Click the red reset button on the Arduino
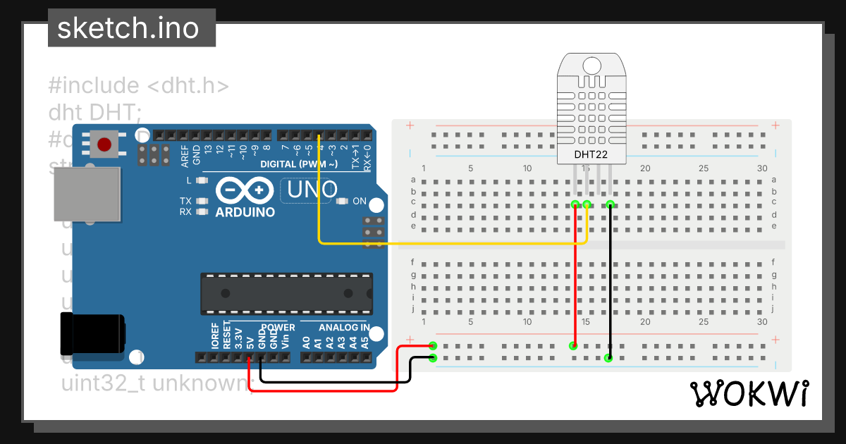(x=104, y=144)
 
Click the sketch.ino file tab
(x=131, y=28)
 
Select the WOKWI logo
(x=749, y=393)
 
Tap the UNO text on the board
(x=310, y=189)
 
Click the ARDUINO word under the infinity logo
(x=245, y=212)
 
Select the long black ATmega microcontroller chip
(x=286, y=293)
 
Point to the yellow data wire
(x=451, y=243)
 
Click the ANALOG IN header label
(x=343, y=328)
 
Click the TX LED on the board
(x=202, y=201)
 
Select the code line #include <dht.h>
(x=139, y=86)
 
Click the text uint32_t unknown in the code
(x=156, y=383)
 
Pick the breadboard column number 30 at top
(x=761, y=168)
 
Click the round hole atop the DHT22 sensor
(x=591, y=66)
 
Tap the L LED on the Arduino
(x=202, y=181)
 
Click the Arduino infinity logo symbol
(x=245, y=190)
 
